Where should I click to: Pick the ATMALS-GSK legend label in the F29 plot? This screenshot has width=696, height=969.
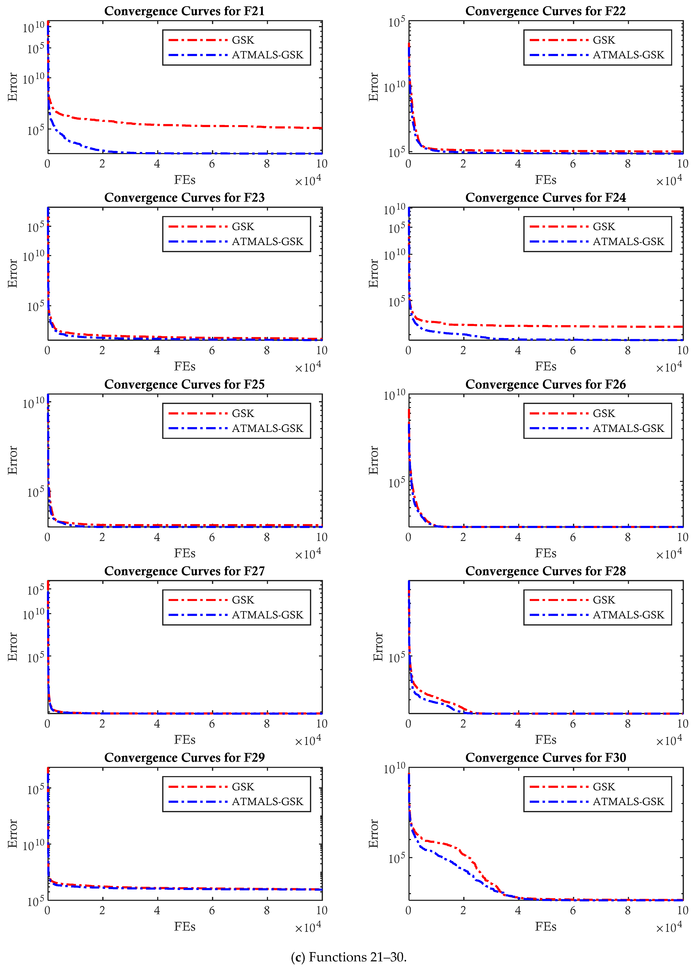[x=267, y=802]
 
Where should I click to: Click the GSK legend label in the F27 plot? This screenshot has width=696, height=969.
[x=243, y=600]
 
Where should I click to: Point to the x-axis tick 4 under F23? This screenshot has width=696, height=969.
[x=157, y=350]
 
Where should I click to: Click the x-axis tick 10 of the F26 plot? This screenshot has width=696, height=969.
[x=682, y=537]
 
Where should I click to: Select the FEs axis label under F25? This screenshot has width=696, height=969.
[x=184, y=553]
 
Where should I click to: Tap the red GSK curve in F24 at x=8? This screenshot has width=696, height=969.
[x=628, y=326]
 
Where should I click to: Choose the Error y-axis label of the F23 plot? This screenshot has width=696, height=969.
[x=13, y=274]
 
